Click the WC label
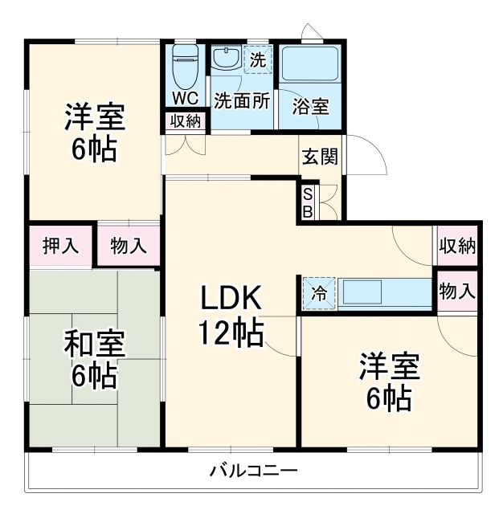tap(185, 99)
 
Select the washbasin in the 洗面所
tap(225, 59)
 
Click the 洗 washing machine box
tap(257, 59)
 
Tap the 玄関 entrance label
tap(319, 156)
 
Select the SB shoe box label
tap(308, 202)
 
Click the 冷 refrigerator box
tap(319, 293)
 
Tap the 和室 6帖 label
tap(95, 359)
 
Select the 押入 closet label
tap(60, 245)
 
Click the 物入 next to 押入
tap(129, 245)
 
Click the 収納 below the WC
tap(186, 121)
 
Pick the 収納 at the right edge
tap(457, 247)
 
